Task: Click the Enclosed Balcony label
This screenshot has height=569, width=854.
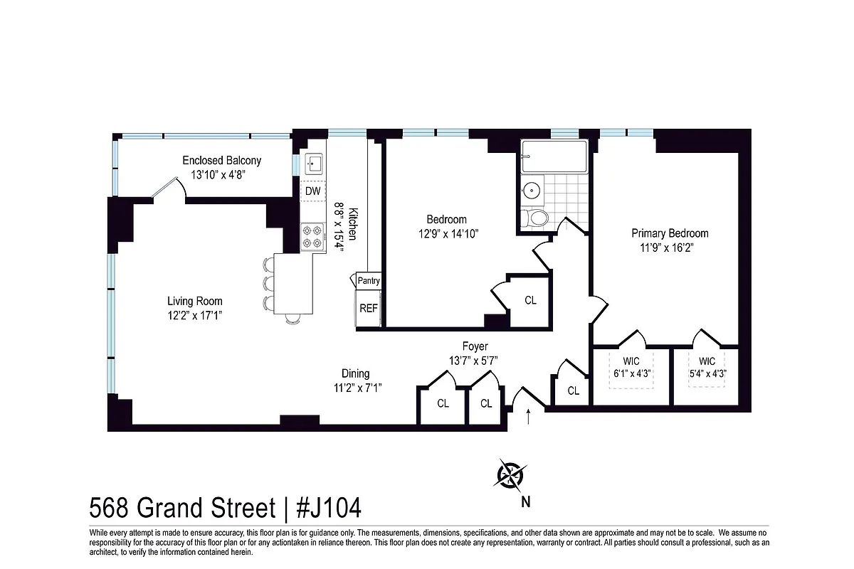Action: pos(221,161)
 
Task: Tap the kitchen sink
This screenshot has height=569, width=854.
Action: pos(314,164)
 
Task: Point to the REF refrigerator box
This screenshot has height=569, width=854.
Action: pos(368,308)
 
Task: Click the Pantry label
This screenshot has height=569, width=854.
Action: pos(368,281)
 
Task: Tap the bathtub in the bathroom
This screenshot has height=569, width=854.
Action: pos(554,156)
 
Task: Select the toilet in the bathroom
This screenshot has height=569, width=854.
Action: pos(534,217)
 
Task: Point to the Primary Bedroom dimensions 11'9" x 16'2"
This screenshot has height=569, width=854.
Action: pos(669,248)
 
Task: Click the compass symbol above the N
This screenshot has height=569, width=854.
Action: pos(511,474)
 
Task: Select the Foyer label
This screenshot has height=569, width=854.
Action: pos(475,346)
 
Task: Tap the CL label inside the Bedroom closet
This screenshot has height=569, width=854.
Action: pos(530,301)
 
